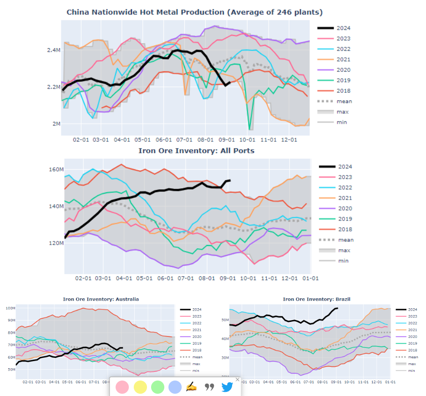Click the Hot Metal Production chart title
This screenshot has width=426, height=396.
(194, 12)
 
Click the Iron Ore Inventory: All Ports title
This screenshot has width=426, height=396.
(196, 150)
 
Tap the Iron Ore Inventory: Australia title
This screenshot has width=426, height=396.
(101, 299)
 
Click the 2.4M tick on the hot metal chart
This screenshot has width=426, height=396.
(54, 50)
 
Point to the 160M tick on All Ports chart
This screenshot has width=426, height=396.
(55, 170)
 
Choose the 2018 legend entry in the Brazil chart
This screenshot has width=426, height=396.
(411, 350)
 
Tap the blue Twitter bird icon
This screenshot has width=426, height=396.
(228, 387)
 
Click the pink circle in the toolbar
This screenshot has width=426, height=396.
(122, 387)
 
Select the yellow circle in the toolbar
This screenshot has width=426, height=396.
(140, 387)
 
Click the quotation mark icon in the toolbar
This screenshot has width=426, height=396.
(209, 387)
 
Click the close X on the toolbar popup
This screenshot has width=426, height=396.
(237, 380)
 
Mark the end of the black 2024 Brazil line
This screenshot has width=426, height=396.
(337, 308)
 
